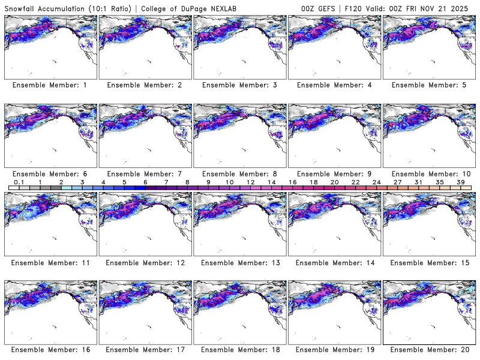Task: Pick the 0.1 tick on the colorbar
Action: click(19, 182)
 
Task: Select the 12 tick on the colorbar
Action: click(250, 182)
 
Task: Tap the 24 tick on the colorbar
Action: click(376, 182)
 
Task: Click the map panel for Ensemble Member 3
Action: click(239, 47)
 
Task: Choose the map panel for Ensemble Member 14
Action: click(334, 224)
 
